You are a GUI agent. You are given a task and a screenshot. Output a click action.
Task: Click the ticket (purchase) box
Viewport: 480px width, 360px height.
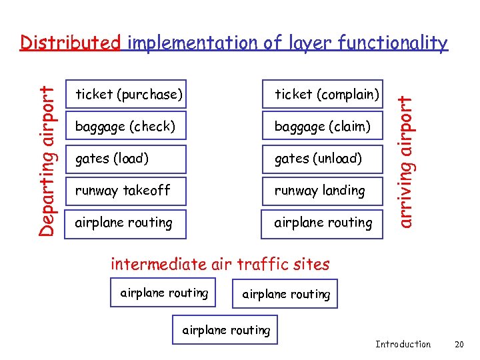[125, 94]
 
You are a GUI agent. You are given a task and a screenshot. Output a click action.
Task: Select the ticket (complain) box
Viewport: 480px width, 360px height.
[323, 94]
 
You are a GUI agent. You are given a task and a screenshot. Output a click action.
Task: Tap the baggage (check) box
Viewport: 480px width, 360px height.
[125, 126]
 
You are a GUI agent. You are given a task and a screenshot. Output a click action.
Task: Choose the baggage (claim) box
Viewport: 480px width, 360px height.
[323, 126]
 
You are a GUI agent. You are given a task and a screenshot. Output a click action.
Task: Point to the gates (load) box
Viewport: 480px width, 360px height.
[125, 158]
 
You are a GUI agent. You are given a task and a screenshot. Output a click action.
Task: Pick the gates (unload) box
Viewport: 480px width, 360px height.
[323, 158]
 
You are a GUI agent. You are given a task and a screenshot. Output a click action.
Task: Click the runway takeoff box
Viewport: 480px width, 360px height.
[125, 190]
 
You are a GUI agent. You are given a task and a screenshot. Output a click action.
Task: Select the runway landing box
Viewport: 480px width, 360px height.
[323, 190]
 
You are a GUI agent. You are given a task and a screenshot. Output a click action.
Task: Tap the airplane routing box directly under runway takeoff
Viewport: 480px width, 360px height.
[125, 223]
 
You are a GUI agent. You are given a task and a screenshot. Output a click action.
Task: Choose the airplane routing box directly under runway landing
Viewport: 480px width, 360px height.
[323, 223]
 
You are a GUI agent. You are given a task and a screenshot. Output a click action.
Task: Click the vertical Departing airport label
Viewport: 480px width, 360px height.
[46, 153]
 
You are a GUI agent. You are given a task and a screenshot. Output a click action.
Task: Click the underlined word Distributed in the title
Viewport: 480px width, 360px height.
[70, 43]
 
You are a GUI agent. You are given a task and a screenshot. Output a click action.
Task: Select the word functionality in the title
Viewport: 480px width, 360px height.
[393, 43]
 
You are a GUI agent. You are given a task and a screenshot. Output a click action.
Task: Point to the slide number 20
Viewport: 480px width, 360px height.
[458, 344]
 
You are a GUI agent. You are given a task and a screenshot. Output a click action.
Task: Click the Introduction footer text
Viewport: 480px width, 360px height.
[403, 344]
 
